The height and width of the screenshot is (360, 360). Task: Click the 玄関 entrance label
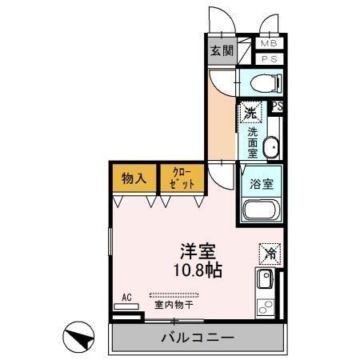221,50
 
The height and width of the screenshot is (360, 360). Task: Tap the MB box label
266,44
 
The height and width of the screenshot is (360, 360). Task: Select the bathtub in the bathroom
260,213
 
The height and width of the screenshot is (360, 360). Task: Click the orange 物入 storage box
133,178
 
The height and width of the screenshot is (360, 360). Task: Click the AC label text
126,297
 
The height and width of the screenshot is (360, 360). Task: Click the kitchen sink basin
264,281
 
